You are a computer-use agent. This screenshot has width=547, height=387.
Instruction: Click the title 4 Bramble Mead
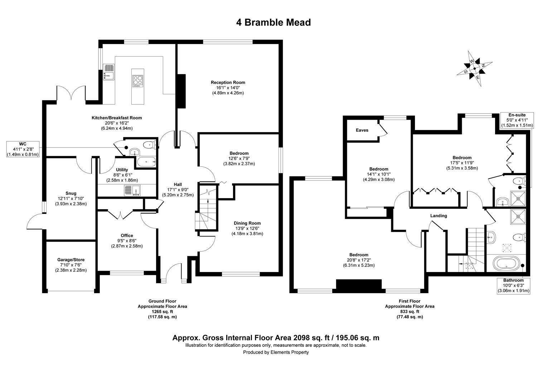point(273,23)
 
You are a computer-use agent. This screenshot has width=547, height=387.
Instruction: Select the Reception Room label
point(228,82)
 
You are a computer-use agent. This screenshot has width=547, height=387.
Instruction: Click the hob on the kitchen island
point(137,81)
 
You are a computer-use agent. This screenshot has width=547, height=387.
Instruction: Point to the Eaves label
point(362,130)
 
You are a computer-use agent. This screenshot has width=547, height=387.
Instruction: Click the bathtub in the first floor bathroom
point(506,264)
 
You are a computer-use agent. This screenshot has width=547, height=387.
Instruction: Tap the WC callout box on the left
point(23,149)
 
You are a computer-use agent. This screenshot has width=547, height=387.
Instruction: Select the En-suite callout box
point(516,120)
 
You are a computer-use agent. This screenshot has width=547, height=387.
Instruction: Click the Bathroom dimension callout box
point(513,286)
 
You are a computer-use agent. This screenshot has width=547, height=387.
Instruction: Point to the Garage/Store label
point(71,260)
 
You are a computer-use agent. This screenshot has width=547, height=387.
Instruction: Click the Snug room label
point(71,193)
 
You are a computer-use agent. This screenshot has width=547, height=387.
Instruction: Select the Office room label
point(127,235)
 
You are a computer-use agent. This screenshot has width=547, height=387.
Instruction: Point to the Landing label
point(439,216)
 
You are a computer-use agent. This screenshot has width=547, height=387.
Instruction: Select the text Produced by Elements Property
point(276,352)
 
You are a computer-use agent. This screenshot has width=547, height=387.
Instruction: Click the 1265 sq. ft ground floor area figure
point(162,312)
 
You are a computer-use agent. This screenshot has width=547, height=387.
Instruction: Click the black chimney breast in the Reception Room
point(182,91)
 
